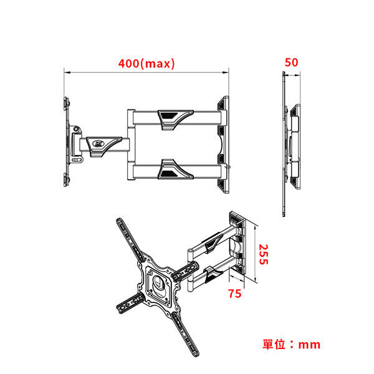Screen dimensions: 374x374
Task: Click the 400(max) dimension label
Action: point(146,63)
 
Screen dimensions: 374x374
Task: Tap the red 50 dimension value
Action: point(291,62)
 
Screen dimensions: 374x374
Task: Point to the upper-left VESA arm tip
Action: point(118,223)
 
